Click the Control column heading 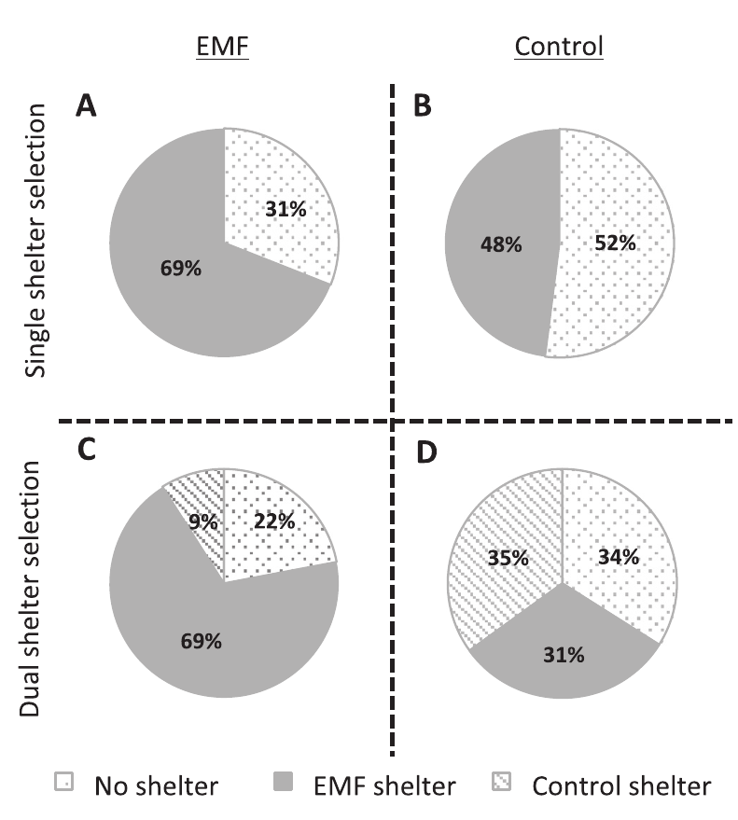click(558, 46)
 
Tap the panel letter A click(87, 109)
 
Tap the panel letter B click(422, 109)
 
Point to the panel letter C click(87, 450)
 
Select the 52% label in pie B click(615, 243)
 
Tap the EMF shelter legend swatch click(289, 785)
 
